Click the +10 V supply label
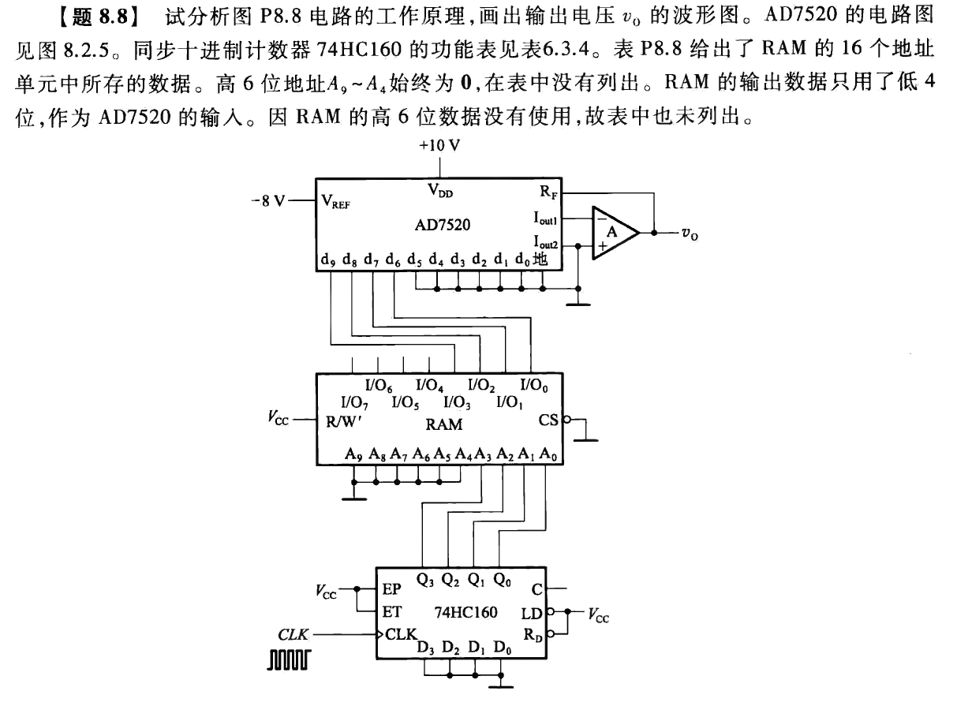pyautogui.click(x=441, y=147)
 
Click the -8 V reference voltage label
pyautogui.click(x=268, y=200)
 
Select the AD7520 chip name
pyautogui.click(x=443, y=225)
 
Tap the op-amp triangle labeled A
pyautogui.click(x=614, y=232)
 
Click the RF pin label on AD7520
pyautogui.click(x=544, y=192)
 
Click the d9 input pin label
pyautogui.click(x=328, y=260)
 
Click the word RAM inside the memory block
pyautogui.click(x=443, y=424)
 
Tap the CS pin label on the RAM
pyautogui.click(x=548, y=420)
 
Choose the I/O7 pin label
pyautogui.click(x=353, y=403)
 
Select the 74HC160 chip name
pyautogui.click(x=465, y=611)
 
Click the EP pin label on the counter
pyautogui.click(x=391, y=589)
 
